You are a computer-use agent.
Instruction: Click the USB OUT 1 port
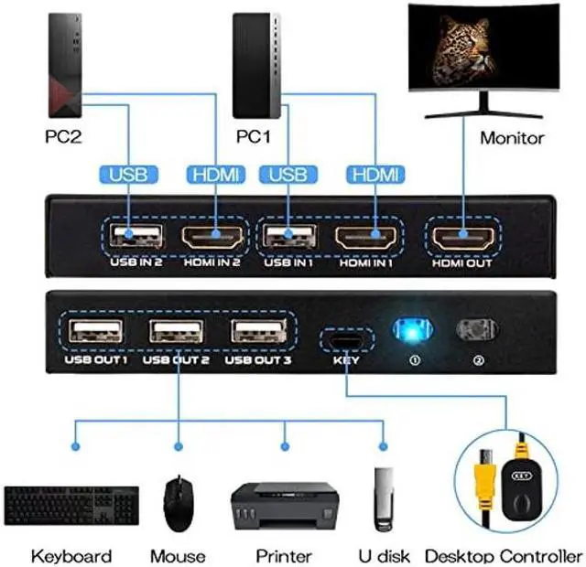[96, 331]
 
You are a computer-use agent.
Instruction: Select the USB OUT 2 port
[178, 331]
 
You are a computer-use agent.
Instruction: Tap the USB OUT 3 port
[258, 331]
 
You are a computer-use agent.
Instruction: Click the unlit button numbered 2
[474, 330]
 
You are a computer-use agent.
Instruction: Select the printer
[284, 503]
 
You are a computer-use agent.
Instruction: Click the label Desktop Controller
[503, 556]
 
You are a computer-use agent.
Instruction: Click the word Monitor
[512, 138]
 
